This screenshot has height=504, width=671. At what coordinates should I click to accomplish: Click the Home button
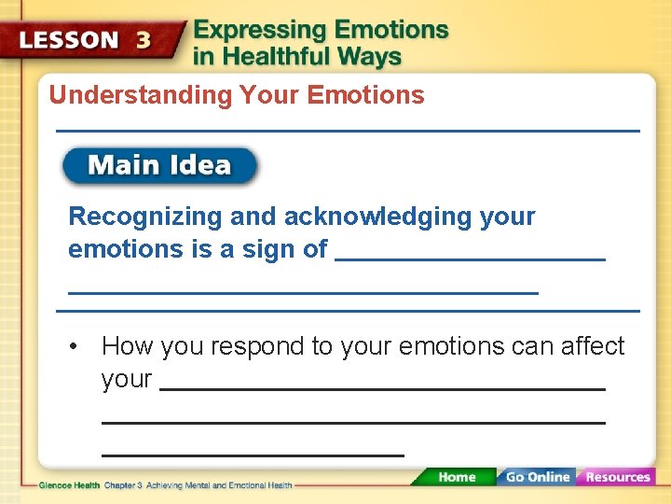point(456,477)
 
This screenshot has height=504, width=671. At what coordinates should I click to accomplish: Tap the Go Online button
point(537,477)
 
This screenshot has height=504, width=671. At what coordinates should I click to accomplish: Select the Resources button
point(617,477)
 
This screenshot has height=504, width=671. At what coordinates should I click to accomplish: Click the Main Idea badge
point(159,166)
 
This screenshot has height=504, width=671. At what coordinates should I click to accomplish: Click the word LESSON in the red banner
point(70,40)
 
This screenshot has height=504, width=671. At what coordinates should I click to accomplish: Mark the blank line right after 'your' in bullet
point(382,387)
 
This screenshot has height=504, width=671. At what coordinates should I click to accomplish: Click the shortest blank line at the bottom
point(252,455)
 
